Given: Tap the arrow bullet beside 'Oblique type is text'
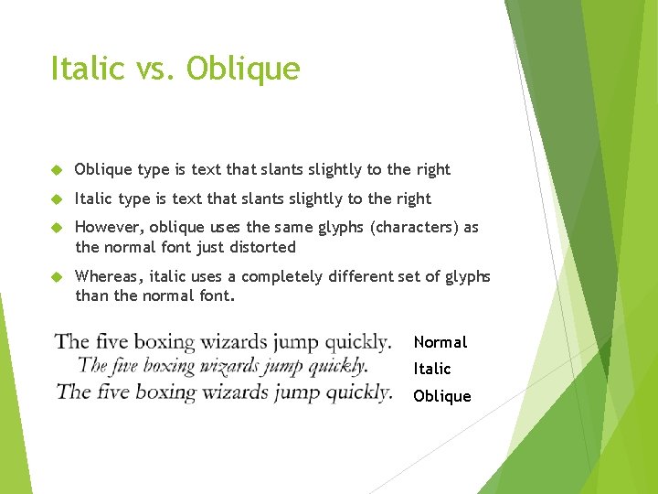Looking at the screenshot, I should tap(56, 170).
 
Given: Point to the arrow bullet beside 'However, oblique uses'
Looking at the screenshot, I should tap(56, 228).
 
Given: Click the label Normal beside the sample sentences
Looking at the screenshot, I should tap(440, 342).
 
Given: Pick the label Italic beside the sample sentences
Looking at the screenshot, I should tap(431, 369).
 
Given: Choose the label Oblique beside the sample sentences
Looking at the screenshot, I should tap(442, 396).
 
